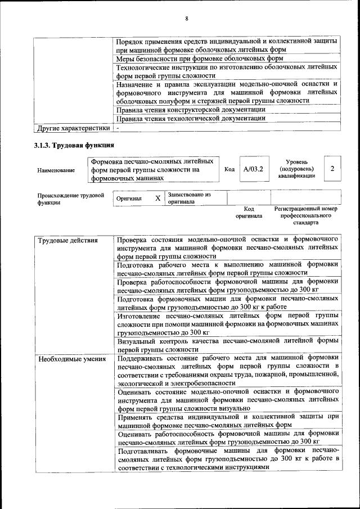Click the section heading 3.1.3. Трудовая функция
(x=70, y=146)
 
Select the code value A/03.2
(x=253, y=169)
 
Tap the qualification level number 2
(x=332, y=169)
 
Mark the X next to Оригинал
(x=157, y=199)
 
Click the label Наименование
(x=56, y=169)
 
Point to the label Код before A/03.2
(x=229, y=169)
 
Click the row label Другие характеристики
(x=72, y=128)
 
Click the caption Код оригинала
(x=249, y=212)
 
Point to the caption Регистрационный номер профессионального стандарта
(x=305, y=215)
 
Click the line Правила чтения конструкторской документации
(x=191, y=110)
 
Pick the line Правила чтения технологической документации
(x=190, y=119)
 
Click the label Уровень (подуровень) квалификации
(x=296, y=169)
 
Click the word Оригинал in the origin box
(x=129, y=199)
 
